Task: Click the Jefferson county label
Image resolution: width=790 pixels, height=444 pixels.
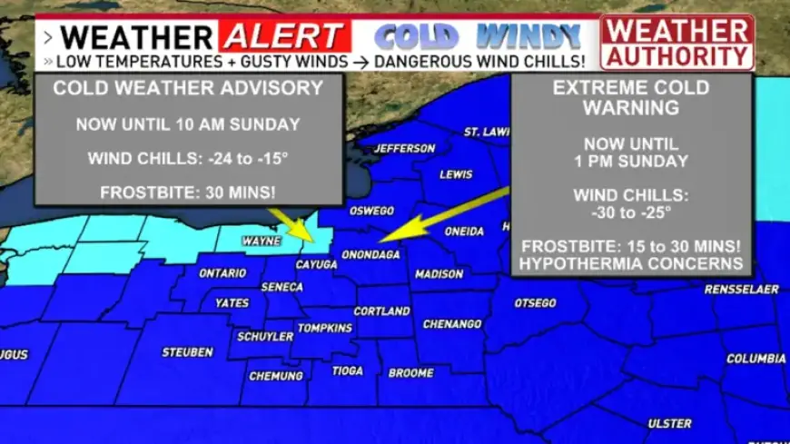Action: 405,148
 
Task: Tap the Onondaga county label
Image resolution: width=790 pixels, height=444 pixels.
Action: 370,254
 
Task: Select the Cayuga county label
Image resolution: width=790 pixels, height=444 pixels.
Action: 317,264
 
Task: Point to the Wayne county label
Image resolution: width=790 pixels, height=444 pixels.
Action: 262,242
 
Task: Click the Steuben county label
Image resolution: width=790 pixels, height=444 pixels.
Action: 187,351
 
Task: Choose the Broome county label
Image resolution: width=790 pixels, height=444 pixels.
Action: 410,373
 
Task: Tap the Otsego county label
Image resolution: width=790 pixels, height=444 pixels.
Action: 535,302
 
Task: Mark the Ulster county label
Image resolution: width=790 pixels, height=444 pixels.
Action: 669,423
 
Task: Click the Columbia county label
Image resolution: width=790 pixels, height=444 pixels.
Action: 755,359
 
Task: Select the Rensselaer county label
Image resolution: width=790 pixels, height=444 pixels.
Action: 741,290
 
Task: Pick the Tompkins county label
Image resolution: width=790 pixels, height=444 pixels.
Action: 324,328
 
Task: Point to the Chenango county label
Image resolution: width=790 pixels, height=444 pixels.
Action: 452,323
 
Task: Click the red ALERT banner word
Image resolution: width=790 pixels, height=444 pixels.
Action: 283,37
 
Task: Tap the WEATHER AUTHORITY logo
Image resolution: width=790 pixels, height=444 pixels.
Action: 676,42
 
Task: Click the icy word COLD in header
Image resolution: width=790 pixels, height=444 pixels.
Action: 416,37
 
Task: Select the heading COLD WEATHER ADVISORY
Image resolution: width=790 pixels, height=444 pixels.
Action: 188,88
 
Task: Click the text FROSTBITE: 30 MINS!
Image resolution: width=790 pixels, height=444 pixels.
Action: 188,191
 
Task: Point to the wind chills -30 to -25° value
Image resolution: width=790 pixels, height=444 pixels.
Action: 631,212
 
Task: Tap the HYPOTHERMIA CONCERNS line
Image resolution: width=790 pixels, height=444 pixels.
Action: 631,264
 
